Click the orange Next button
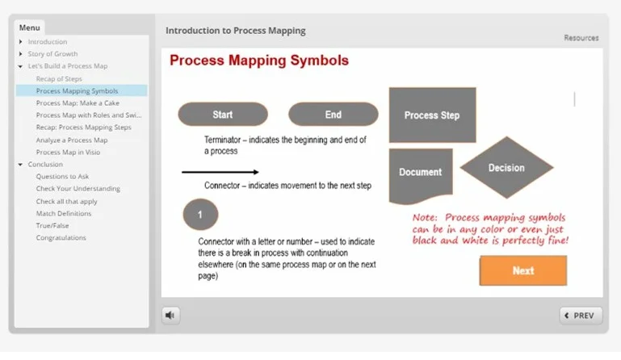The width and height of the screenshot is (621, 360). (522, 270)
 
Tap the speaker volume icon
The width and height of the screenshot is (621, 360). (170, 316)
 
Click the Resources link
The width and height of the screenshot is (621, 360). (581, 38)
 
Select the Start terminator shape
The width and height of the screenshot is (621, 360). (222, 115)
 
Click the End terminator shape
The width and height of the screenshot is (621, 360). (333, 115)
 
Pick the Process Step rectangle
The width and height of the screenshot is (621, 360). (432, 115)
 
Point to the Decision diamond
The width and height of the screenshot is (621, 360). (506, 168)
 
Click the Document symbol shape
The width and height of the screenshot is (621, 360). (421, 174)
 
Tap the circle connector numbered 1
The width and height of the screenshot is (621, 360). (200, 216)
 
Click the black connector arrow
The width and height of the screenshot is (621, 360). (220, 172)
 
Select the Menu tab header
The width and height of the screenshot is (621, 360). (29, 27)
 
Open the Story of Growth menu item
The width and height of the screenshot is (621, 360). (52, 54)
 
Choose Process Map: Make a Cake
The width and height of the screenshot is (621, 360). (77, 103)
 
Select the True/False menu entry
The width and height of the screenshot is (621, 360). (52, 226)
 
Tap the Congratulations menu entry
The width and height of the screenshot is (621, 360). (61, 238)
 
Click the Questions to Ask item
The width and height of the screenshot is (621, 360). (62, 176)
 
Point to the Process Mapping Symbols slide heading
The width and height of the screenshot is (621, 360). (258, 61)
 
